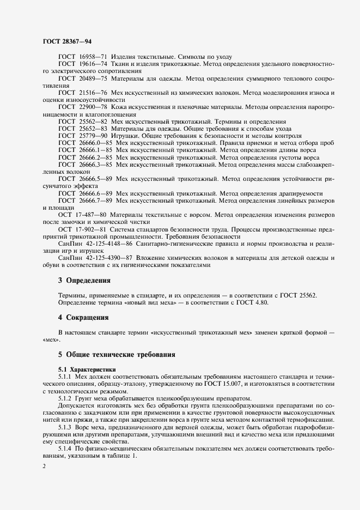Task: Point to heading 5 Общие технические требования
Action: click(x=117, y=355)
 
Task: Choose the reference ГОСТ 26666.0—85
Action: click(x=84, y=142)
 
